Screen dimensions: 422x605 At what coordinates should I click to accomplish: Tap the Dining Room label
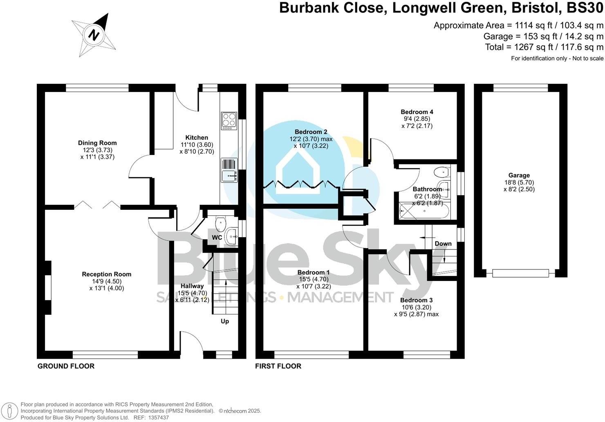point(97,143)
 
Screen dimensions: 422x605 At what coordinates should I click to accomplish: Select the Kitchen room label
point(197,138)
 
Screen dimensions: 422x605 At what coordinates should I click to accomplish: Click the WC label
point(217,238)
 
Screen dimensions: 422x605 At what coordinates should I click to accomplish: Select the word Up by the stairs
point(225,321)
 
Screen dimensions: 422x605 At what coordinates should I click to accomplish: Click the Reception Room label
point(106,274)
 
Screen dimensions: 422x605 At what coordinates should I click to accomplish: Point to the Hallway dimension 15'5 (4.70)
point(192,293)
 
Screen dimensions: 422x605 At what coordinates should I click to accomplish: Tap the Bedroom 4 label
point(417,112)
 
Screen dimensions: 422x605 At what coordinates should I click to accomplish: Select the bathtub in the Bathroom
point(424,211)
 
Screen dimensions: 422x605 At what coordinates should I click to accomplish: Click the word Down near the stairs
point(443,244)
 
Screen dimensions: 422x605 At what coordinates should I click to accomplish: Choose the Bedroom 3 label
point(416,301)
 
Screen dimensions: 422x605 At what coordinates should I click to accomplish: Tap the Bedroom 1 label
point(313,273)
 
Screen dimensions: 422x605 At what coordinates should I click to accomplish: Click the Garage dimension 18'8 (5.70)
point(519,182)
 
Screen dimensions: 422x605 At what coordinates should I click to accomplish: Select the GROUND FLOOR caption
point(66,366)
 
